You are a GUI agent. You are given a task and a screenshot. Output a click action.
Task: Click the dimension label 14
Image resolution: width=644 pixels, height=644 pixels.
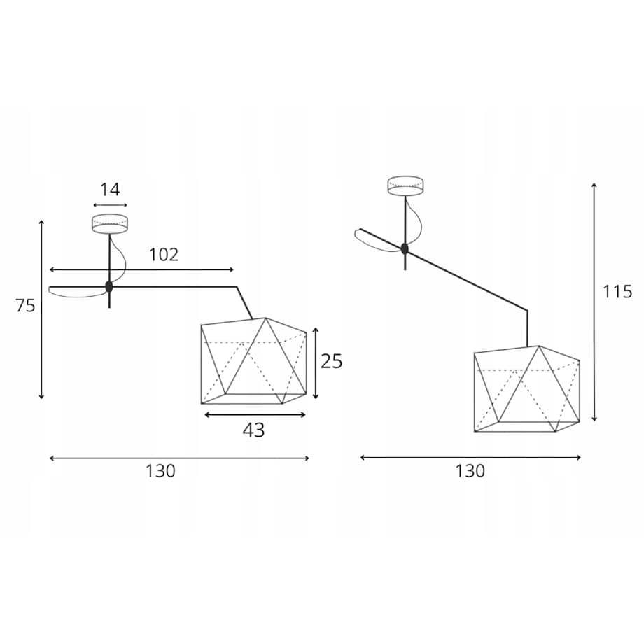[x=110, y=190]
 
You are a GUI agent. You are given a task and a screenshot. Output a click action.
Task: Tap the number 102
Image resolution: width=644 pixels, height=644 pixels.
[x=164, y=255]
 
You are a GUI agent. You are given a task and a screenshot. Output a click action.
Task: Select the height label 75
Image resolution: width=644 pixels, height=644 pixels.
[x=25, y=306]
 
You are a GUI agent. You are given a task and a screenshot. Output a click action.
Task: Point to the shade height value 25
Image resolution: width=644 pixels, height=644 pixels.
[x=331, y=361]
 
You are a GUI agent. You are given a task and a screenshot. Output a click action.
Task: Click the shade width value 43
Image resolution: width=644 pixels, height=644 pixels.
[x=253, y=430]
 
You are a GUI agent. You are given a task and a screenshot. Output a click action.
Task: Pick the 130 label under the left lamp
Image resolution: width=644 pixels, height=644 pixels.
[x=160, y=471]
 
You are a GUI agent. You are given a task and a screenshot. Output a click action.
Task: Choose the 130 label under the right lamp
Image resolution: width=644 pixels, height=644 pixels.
[x=470, y=471]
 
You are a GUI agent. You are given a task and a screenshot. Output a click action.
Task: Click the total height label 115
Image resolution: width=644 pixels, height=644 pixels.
[x=617, y=292]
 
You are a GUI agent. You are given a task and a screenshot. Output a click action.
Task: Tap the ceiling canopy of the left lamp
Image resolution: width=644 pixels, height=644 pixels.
[x=109, y=224]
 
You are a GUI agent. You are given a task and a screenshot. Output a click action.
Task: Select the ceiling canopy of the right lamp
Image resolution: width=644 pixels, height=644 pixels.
[x=405, y=185]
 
